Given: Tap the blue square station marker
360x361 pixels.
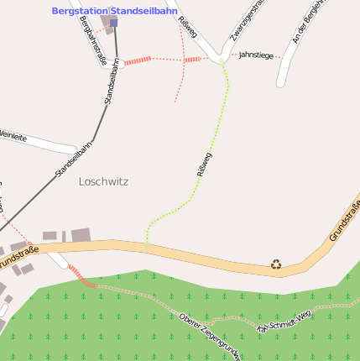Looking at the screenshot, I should pyautogui.click(x=113, y=23).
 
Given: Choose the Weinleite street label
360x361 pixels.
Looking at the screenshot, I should pyautogui.click(x=13, y=136).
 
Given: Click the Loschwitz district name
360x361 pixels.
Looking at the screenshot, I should pyautogui.click(x=103, y=181).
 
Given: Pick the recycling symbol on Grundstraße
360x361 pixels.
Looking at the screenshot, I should pyautogui.click(x=276, y=264).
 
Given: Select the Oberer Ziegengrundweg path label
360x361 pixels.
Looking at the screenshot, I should pyautogui.click(x=210, y=334).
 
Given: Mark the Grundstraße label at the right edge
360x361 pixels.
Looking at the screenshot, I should pyautogui.click(x=344, y=221).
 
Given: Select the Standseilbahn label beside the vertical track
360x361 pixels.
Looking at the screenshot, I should pyautogui.click(x=112, y=81).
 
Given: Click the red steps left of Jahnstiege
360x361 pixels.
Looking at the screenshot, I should pyautogui.click(x=194, y=59).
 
